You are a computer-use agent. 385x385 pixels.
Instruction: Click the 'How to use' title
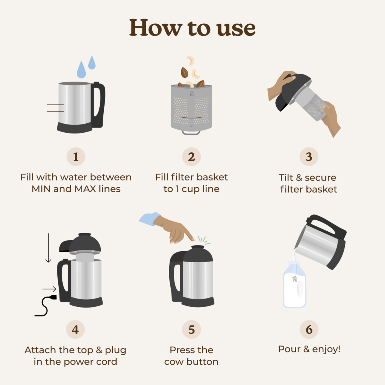click(192, 27)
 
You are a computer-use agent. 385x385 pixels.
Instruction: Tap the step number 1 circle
click(76, 157)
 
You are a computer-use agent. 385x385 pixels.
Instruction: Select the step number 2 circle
click(191, 157)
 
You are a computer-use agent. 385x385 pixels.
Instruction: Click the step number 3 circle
click(309, 157)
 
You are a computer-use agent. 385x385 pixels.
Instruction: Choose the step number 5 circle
click(191, 330)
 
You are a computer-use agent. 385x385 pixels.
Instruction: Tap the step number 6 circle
click(309, 330)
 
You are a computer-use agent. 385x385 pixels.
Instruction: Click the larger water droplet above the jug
click(81, 70)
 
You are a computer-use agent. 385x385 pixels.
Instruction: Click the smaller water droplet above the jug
click(92, 63)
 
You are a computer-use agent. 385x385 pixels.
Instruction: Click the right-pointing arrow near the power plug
click(49, 289)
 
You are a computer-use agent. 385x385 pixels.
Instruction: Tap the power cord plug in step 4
click(52, 298)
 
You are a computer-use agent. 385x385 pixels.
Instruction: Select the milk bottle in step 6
click(294, 286)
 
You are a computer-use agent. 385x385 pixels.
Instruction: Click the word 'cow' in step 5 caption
click(175, 362)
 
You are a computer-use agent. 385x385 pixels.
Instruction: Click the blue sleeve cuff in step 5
click(149, 219)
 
